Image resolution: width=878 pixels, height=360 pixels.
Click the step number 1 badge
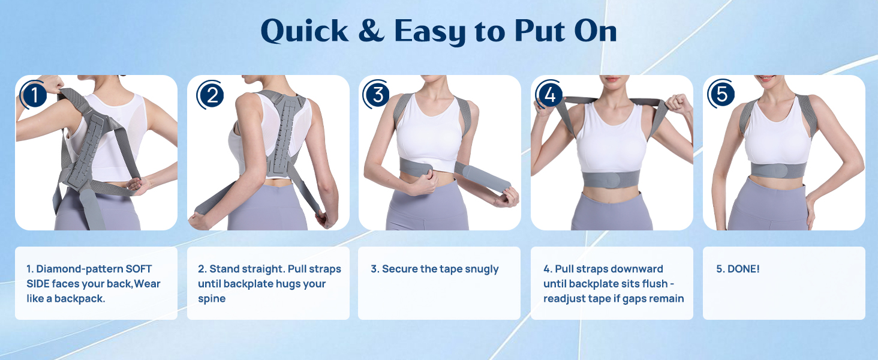35,95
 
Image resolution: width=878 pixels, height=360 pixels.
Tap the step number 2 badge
211,95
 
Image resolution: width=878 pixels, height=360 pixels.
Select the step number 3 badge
377,95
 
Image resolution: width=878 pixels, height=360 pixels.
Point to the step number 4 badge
549,95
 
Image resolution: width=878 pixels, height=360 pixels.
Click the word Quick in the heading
305,32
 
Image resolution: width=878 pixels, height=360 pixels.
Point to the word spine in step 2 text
212,298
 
